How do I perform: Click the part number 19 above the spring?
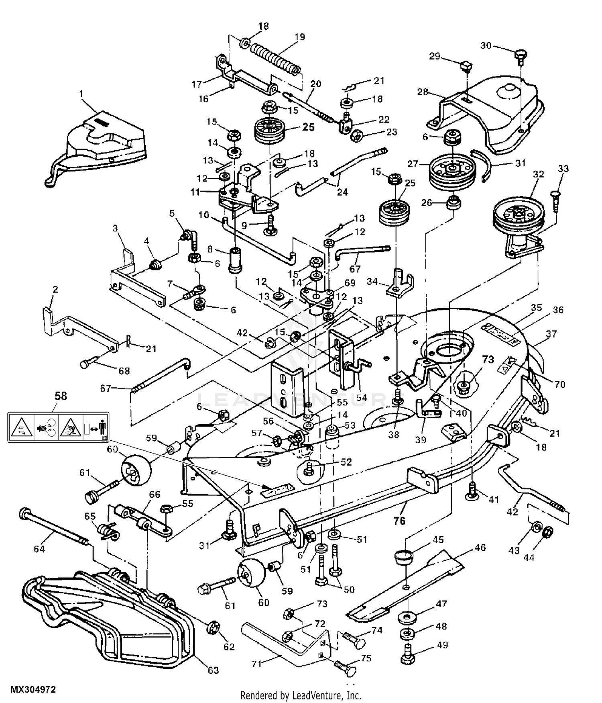tap(299, 37)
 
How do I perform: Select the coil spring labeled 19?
tap(275, 60)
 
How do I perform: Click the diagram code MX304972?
tap(33, 689)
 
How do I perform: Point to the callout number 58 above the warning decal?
tap(61, 396)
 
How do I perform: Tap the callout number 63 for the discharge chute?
tap(213, 670)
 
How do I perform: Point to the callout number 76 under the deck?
tap(399, 521)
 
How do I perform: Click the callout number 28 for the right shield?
tap(423, 92)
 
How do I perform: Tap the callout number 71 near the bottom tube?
tap(256, 664)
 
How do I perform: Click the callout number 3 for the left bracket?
tap(115, 229)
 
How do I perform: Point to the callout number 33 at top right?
tap(563, 169)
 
